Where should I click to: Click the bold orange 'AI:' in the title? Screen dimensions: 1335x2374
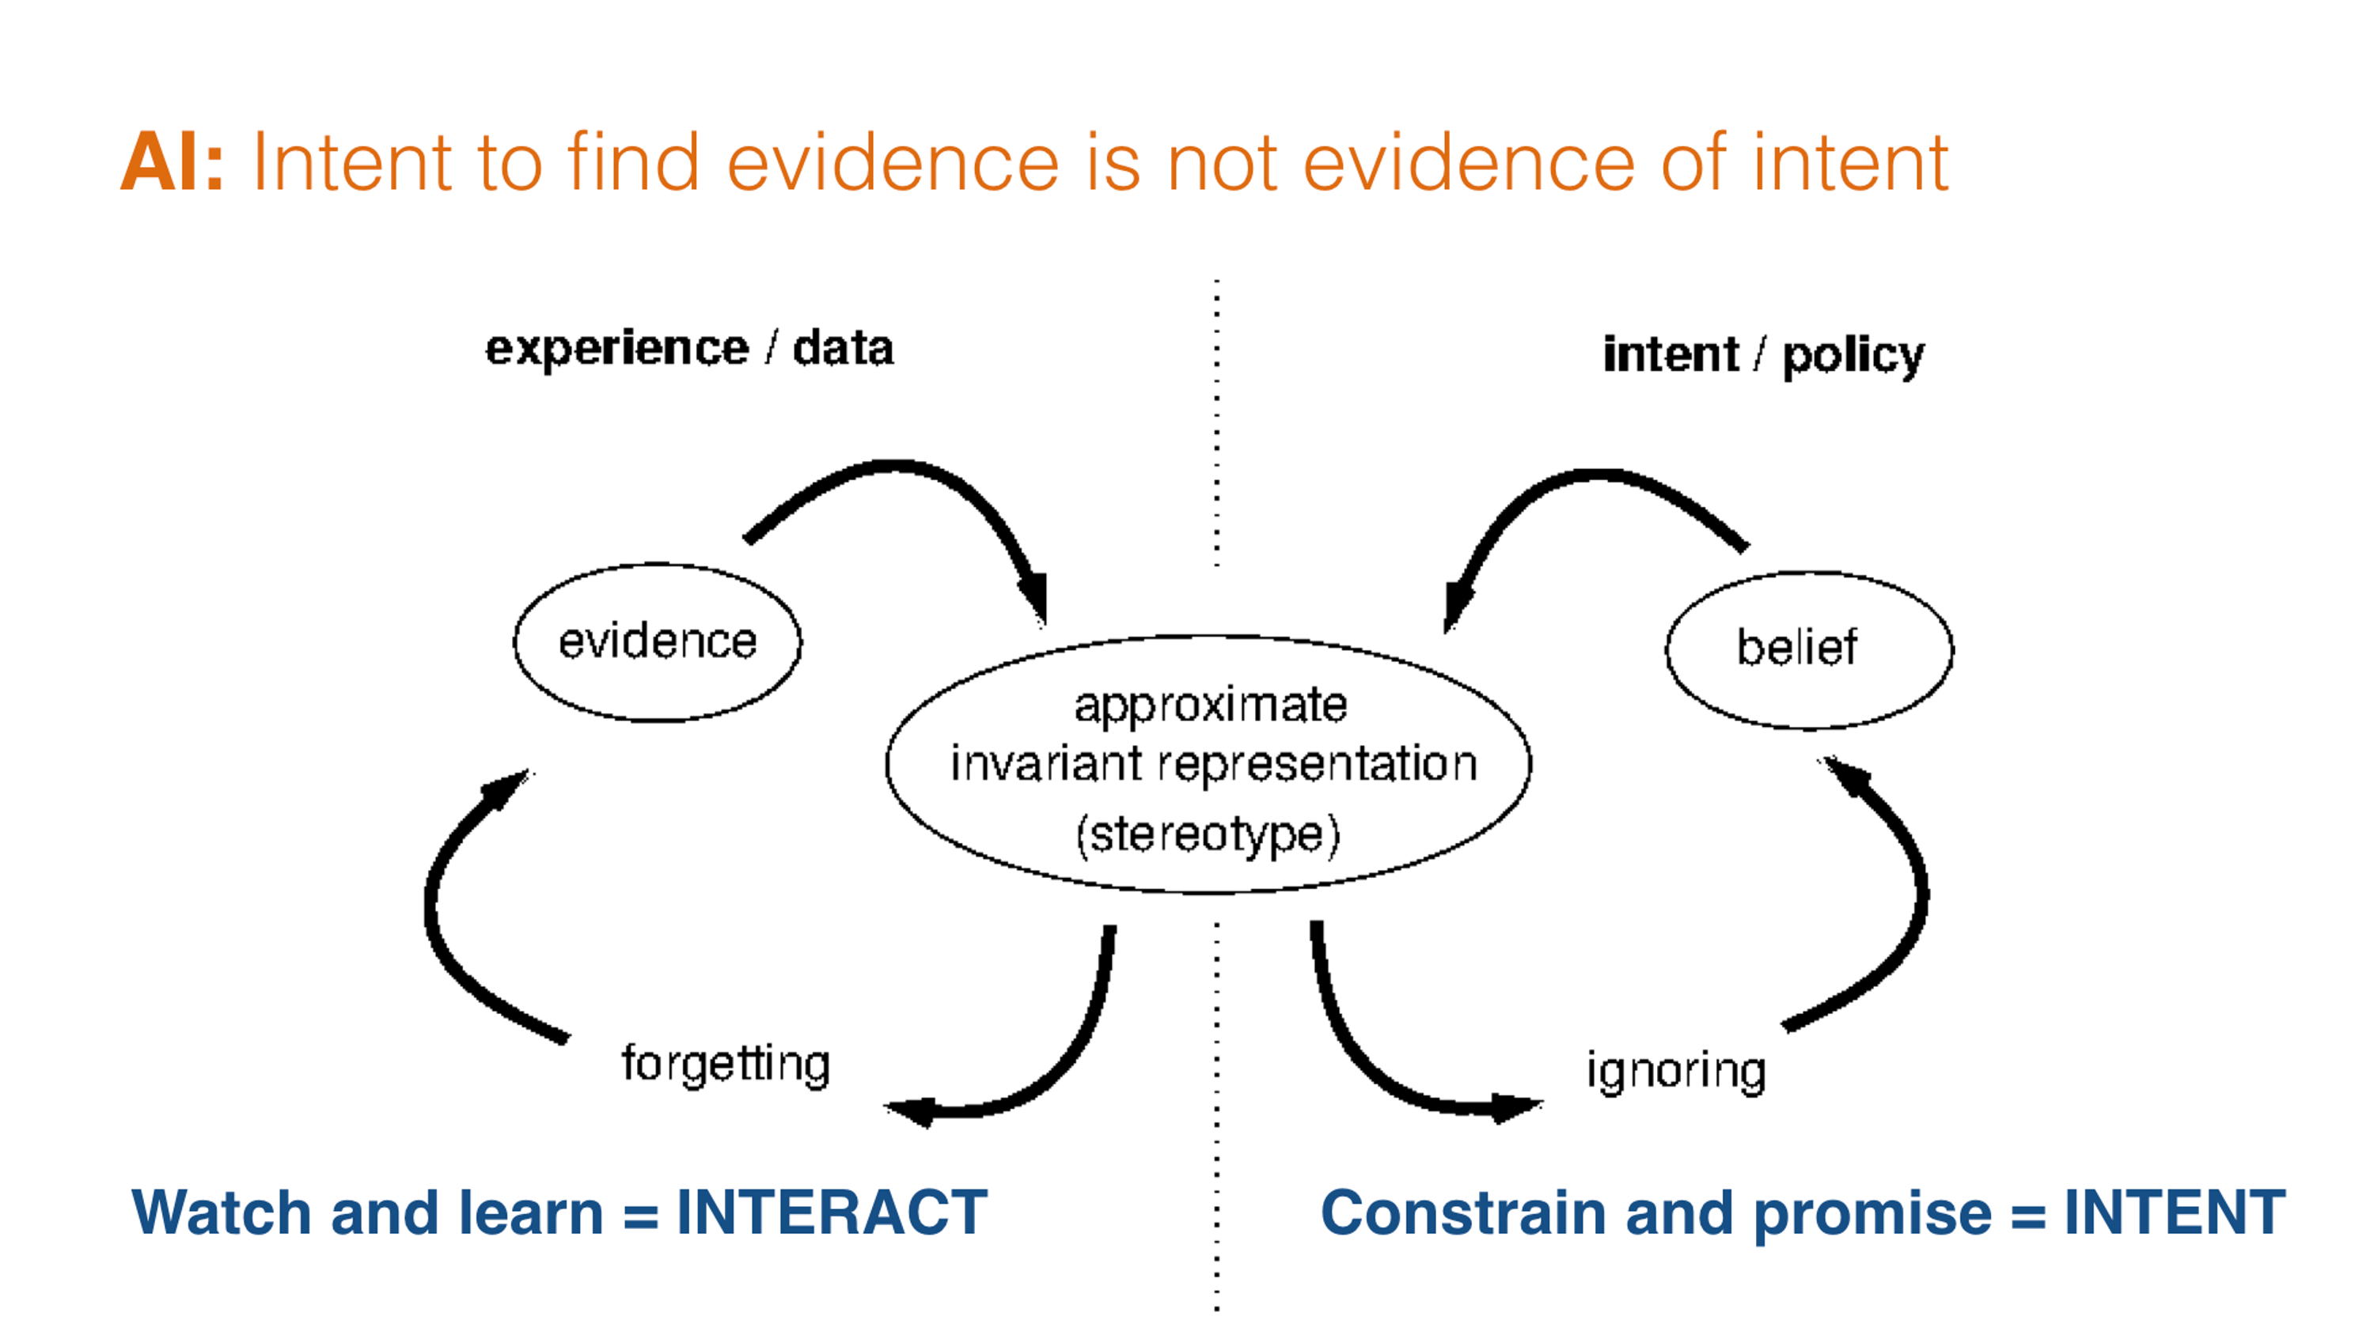click(172, 162)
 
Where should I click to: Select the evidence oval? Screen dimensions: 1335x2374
click(657, 642)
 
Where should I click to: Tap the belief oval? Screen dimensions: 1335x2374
click(1808, 649)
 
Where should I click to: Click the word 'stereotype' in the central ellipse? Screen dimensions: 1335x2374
click(1208, 834)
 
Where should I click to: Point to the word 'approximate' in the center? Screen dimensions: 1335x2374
click(1210, 705)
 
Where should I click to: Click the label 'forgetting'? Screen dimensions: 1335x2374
click(726, 1065)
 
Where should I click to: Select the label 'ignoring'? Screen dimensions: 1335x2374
click(1674, 1072)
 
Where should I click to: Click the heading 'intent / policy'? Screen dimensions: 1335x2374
click(1763, 355)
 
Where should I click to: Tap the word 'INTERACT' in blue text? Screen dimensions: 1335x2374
click(831, 1212)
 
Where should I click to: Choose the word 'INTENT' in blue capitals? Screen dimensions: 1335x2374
click(2174, 1212)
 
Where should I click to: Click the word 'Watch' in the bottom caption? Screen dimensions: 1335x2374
click(222, 1212)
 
